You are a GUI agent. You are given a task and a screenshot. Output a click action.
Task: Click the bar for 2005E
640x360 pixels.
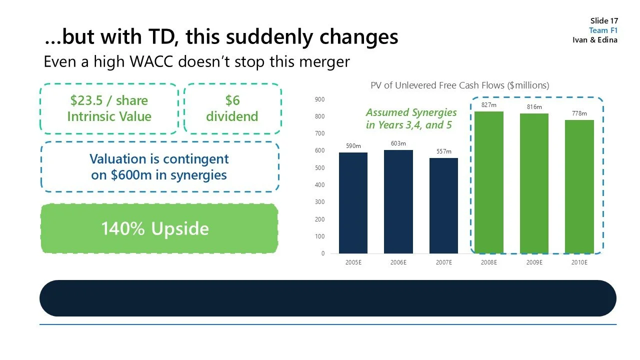(353, 202)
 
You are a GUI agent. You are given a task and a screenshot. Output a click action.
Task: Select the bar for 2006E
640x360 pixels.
(398, 201)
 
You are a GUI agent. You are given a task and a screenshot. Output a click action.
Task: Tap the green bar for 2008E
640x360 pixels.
(488, 182)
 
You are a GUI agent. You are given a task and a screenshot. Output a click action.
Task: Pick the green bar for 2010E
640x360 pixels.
(579, 186)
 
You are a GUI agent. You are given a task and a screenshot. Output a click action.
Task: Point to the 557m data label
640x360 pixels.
(443, 151)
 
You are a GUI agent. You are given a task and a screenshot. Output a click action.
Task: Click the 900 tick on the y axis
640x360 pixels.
(319, 99)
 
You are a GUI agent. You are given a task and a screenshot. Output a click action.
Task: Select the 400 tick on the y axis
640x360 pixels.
(319, 185)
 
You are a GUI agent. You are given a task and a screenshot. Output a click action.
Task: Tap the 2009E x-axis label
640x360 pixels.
(534, 262)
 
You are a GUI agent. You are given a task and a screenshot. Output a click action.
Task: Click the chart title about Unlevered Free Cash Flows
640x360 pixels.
(459, 85)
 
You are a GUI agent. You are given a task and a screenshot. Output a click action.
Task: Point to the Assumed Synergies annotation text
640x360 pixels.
(411, 118)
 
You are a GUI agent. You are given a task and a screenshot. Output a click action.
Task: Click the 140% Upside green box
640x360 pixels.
(158, 228)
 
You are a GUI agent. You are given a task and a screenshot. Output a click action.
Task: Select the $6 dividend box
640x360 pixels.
(232, 108)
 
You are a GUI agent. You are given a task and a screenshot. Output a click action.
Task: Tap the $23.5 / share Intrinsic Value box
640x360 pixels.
(109, 108)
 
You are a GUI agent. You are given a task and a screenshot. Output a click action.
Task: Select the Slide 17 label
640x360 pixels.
(604, 20)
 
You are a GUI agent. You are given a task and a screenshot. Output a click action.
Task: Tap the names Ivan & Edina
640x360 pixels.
(595, 40)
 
